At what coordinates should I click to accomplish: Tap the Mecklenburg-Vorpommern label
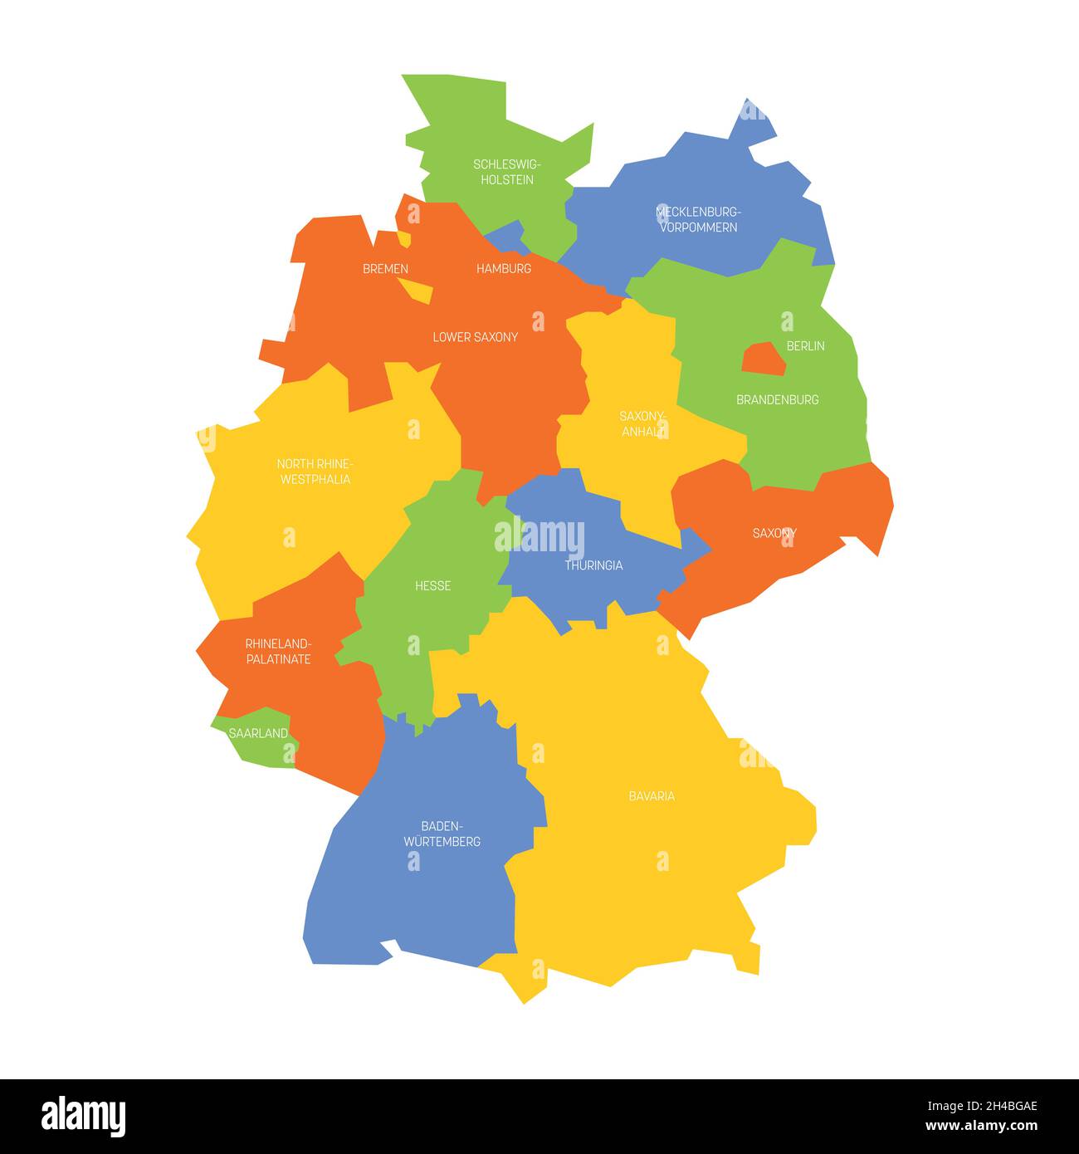(698, 219)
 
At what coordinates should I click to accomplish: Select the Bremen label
(385, 268)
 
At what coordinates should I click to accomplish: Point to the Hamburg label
(503, 268)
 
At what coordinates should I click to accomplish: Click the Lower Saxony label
(475, 337)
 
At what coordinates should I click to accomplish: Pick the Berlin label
(805, 345)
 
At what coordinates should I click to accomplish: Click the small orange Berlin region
(763, 359)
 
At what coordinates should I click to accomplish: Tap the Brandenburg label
(777, 399)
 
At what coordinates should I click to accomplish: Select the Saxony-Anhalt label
(642, 423)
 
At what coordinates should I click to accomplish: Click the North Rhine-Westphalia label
(315, 472)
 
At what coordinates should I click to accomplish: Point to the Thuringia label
(593, 565)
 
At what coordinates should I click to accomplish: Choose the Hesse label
(432, 586)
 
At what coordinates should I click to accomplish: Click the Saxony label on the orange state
(774, 533)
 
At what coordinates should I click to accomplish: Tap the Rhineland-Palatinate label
(278, 651)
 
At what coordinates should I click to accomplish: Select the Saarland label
(258, 733)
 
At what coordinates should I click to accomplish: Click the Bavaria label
(652, 796)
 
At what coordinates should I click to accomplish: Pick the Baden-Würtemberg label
(442, 834)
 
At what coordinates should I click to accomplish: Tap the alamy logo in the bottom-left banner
(84, 1115)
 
